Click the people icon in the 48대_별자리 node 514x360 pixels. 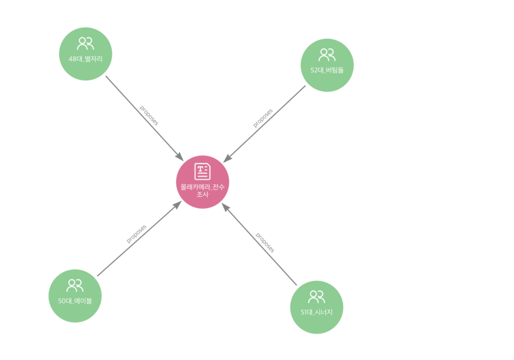(85, 44)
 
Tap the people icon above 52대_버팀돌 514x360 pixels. (327, 55)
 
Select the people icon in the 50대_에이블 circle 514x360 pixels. (75, 286)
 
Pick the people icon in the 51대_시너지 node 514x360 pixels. (316, 297)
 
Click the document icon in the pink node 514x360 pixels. (203, 171)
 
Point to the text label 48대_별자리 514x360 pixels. (85, 59)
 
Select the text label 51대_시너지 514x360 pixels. (316, 313)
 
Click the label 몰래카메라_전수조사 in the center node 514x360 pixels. (203, 191)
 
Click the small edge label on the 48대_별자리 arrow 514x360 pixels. (149, 115)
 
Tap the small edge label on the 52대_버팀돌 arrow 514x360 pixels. (262, 117)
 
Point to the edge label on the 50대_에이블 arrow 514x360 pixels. (137, 234)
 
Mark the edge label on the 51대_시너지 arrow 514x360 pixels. (264, 242)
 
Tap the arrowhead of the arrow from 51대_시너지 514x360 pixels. (225, 208)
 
